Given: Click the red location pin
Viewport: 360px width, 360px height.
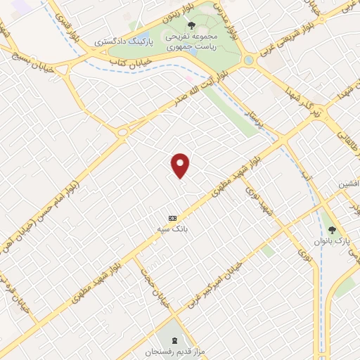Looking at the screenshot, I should click(181, 165).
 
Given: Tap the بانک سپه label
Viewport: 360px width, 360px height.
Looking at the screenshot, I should click(173, 229).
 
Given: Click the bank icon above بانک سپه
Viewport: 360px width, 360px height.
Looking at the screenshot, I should click(173, 217).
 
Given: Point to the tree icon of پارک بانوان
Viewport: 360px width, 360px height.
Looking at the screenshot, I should click(331, 230).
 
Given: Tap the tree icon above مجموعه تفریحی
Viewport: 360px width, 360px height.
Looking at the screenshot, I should click(191, 26).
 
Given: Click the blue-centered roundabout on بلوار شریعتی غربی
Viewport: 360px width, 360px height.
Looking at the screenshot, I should click(247, 61).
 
